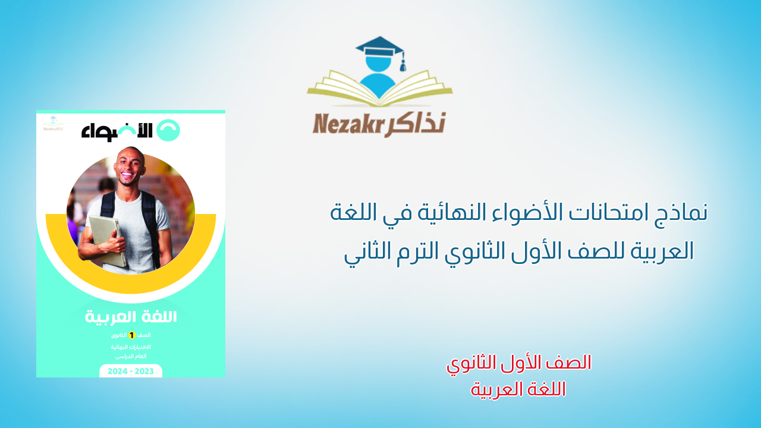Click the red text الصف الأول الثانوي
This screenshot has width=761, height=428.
pos(518,363)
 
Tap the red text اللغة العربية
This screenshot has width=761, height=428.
pos(518,389)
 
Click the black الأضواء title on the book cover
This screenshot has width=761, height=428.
pos(117,131)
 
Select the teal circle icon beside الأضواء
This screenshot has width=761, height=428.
pos(168,130)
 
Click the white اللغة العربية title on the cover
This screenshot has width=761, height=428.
pos(131,317)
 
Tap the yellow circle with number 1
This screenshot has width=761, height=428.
pos(132,335)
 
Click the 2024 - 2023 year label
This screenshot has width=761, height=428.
pos(131,371)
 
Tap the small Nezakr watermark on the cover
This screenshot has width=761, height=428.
pos(53,125)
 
